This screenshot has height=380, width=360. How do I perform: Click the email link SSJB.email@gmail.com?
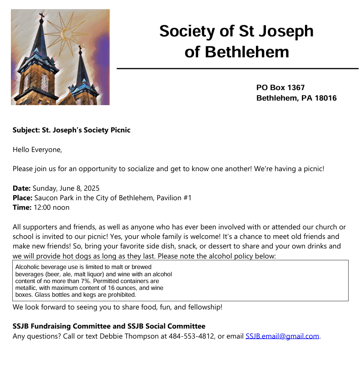(282, 336)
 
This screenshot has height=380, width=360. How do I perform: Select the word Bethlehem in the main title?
(247, 51)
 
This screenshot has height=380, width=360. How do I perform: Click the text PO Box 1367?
(280, 87)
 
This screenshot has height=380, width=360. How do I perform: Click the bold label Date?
(21, 188)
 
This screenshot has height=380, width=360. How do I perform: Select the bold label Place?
(22, 198)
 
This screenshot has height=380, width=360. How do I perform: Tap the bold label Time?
(22, 207)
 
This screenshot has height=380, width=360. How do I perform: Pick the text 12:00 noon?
(51, 207)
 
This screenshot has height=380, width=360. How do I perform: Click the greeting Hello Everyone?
(36, 149)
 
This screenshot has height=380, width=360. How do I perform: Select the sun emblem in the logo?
(66, 33)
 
